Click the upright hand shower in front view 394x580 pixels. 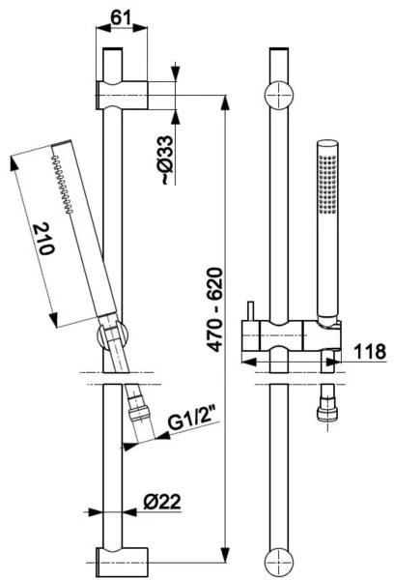pyautogui.click(x=326, y=232)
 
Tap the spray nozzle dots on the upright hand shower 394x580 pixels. pyautogui.click(x=327, y=179)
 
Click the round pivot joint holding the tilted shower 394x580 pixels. pyautogui.click(x=108, y=337)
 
